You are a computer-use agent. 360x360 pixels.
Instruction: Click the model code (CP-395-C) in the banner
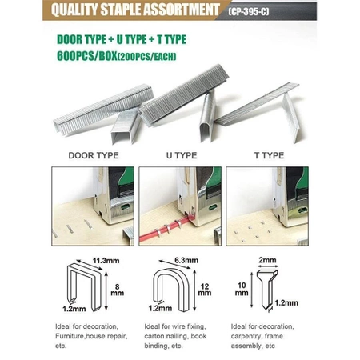tap(249, 11)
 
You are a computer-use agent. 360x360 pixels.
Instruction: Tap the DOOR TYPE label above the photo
tap(94, 155)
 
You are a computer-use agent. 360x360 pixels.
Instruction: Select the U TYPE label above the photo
tap(182, 155)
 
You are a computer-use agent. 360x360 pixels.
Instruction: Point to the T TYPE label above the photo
tap(269, 155)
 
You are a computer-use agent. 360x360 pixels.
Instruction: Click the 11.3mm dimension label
tap(106, 261)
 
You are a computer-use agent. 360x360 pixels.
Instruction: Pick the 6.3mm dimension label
tap(186, 260)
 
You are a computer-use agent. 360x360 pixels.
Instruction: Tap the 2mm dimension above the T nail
tap(267, 260)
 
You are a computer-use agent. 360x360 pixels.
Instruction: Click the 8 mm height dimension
tap(117, 290)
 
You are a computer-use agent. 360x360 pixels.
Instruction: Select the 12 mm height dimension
tap(205, 290)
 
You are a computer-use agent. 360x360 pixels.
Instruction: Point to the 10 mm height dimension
tap(242, 289)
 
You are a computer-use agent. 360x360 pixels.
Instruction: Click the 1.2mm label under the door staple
tap(74, 309)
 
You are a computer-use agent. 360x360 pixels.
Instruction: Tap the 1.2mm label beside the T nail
tap(286, 302)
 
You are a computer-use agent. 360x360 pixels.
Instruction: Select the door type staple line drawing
tap(85, 286)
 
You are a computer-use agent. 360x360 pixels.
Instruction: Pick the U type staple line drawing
tap(171, 290)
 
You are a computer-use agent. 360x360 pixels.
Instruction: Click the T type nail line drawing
tap(267, 290)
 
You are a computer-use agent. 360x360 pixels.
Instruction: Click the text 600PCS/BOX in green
tap(87, 56)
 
